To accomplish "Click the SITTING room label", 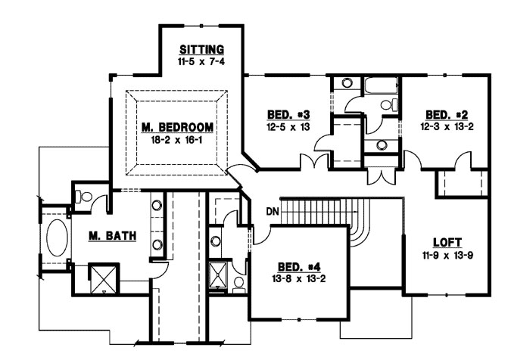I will click(x=201, y=49).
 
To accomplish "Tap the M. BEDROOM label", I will click(x=176, y=126).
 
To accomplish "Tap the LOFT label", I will click(x=447, y=244).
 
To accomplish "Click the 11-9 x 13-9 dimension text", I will click(x=447, y=255).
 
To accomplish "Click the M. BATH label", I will click(x=111, y=236).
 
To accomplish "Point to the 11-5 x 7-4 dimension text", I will click(x=201, y=61).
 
